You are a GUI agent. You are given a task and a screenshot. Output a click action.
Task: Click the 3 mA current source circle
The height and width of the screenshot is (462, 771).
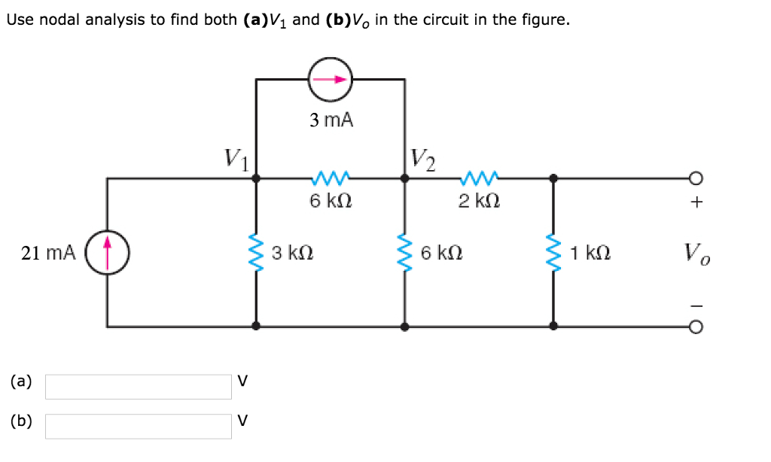coord(330,79)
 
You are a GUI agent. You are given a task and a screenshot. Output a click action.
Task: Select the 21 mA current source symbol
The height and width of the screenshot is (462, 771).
coord(107,253)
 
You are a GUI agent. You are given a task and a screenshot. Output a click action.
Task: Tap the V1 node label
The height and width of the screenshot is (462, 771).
coord(236,159)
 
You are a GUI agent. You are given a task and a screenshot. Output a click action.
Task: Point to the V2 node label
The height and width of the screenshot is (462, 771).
coord(422,159)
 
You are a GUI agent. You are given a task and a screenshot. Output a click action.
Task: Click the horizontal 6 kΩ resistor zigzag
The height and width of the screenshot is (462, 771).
coord(330,179)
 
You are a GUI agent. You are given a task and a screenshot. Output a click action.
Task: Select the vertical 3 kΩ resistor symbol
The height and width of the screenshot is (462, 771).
coord(256,253)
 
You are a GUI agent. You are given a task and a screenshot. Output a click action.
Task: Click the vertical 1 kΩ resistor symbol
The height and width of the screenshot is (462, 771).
coord(553,253)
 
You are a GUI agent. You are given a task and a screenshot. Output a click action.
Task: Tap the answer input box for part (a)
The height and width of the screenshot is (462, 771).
coord(139,387)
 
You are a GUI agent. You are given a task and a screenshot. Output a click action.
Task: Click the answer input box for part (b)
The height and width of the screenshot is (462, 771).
coord(139,426)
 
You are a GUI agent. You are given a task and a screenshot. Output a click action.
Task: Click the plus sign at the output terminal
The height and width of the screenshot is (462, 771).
coord(696,202)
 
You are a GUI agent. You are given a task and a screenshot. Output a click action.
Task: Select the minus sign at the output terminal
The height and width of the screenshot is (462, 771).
coord(696,305)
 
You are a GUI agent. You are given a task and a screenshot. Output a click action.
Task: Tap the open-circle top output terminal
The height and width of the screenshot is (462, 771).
coord(696,178)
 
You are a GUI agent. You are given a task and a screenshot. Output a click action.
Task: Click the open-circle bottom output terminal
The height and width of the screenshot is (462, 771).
coord(696,327)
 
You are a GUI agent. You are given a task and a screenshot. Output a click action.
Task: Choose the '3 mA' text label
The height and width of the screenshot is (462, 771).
coord(331,120)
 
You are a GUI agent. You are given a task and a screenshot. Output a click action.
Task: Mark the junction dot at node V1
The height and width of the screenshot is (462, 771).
coord(256,178)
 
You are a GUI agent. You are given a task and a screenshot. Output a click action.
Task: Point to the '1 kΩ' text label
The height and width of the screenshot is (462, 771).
coord(590,254)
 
